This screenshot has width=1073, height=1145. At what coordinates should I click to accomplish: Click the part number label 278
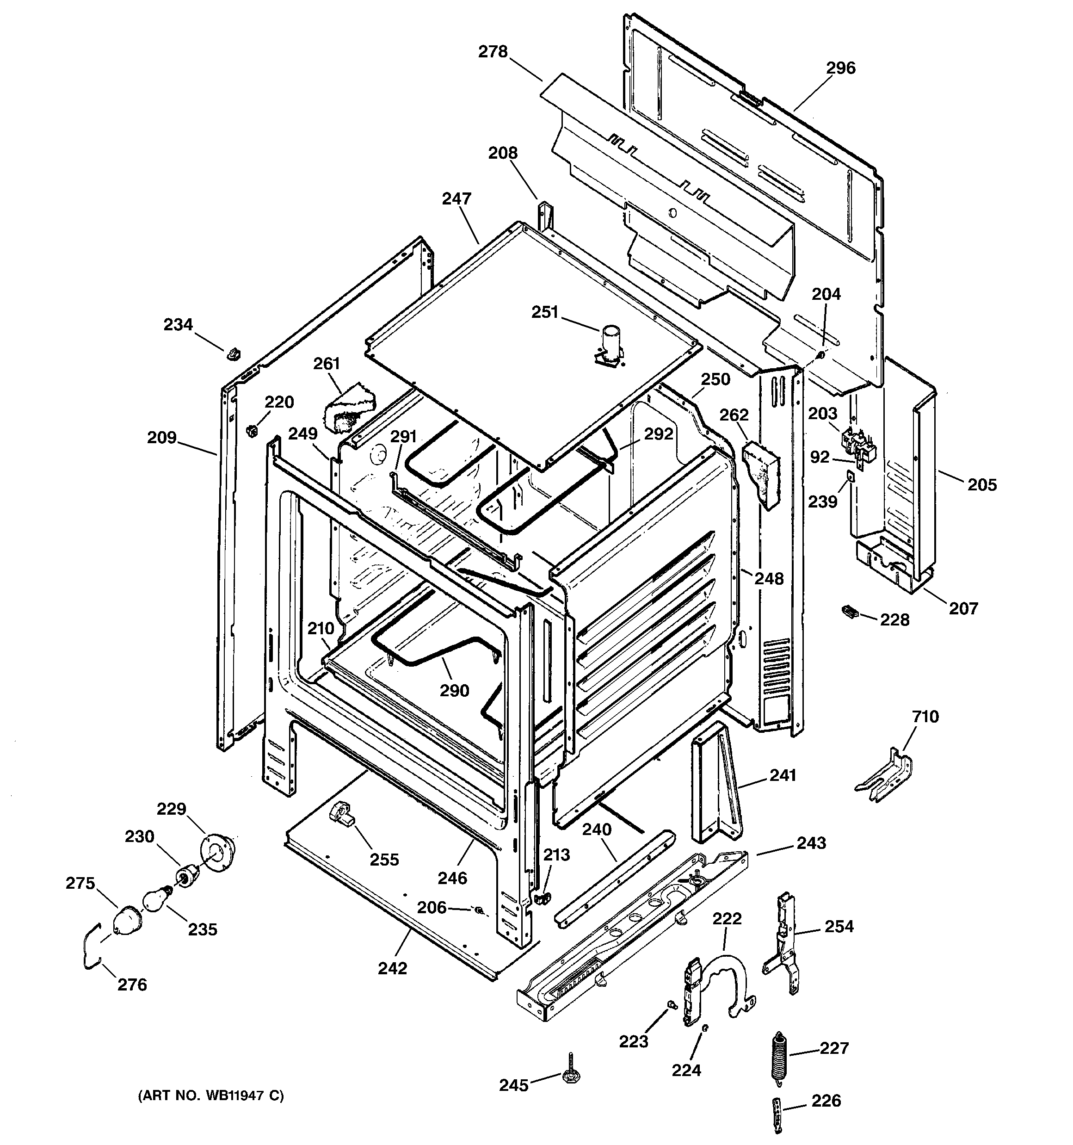(493, 52)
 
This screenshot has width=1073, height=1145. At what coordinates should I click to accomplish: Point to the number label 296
(841, 68)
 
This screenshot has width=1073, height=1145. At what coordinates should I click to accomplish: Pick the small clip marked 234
(233, 353)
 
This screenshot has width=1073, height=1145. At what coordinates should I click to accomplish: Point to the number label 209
(161, 438)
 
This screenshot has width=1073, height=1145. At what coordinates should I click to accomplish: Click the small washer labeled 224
(705, 1028)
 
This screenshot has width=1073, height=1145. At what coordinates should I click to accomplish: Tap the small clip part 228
(850, 611)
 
